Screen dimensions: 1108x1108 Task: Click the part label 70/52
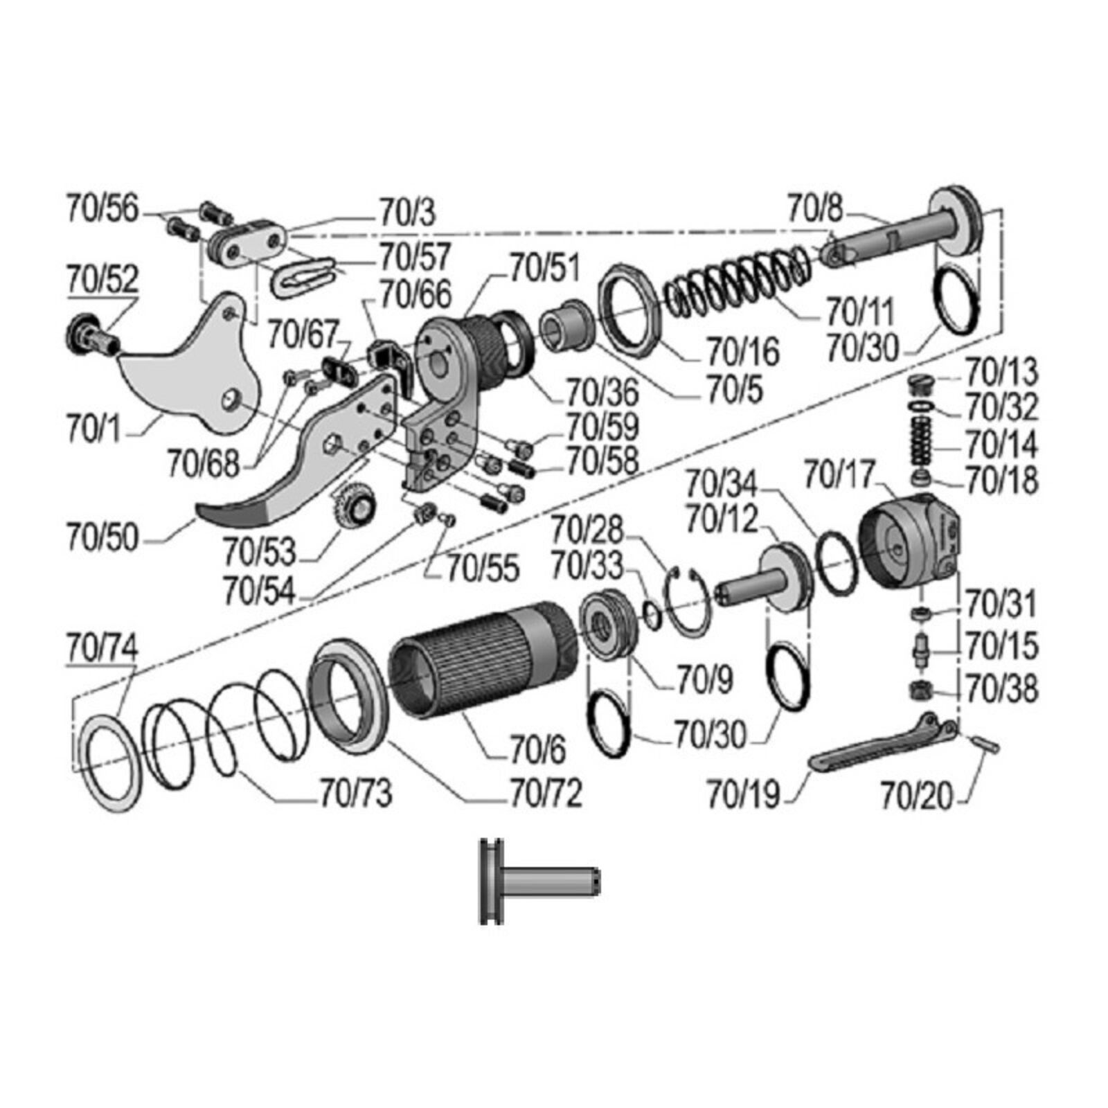click(102, 278)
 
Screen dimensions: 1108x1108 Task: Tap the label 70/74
click(102, 647)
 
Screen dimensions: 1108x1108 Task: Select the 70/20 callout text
click(917, 795)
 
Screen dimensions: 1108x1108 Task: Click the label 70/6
click(537, 749)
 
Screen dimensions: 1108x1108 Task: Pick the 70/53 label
click(260, 552)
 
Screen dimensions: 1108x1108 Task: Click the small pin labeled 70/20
click(985, 744)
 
